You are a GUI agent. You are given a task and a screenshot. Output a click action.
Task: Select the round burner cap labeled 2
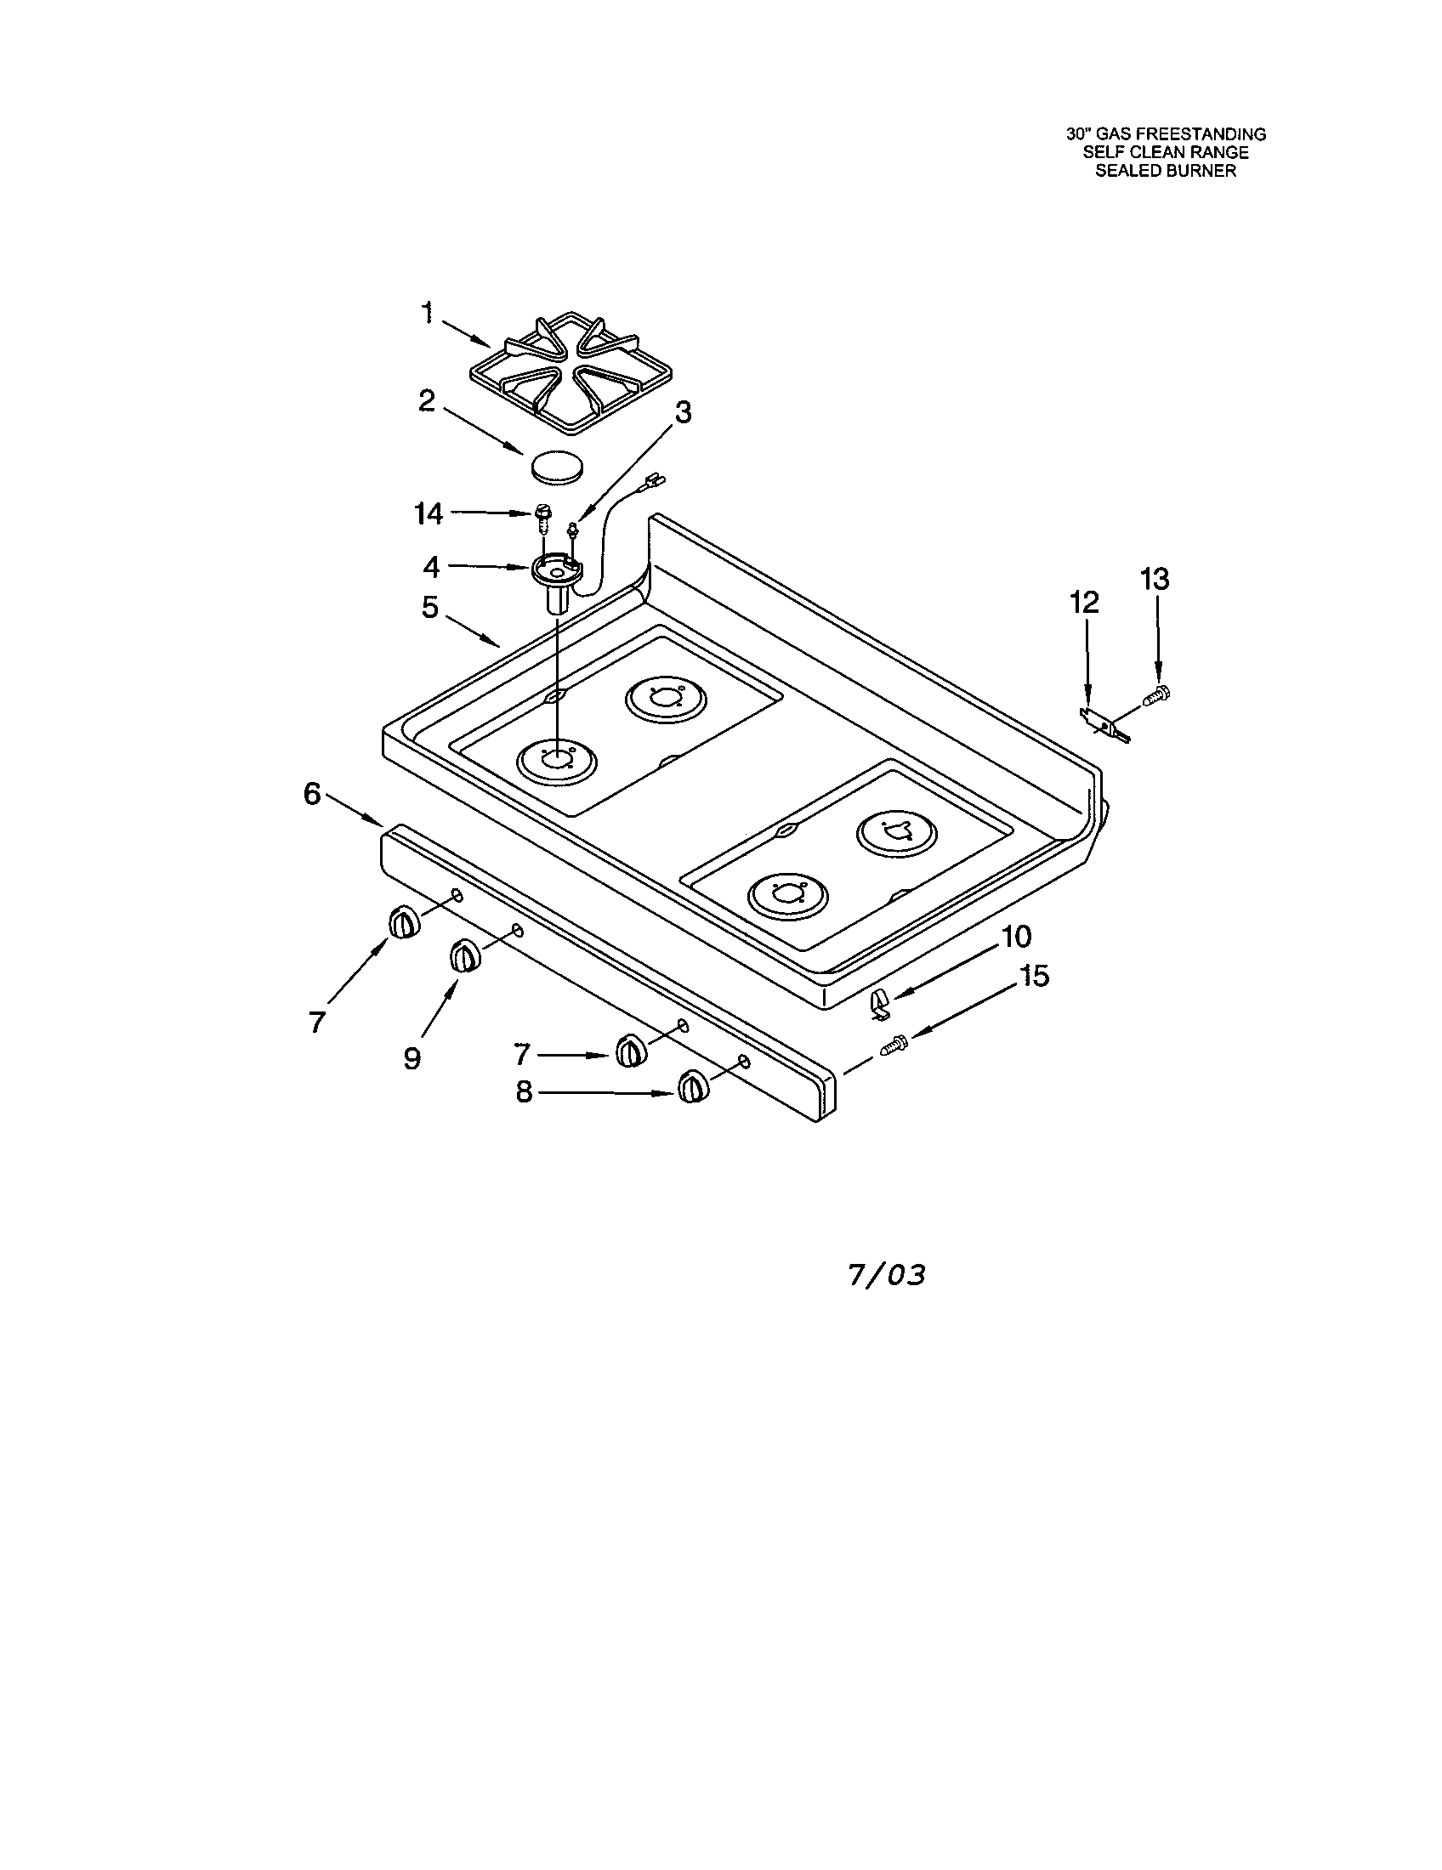coord(558,466)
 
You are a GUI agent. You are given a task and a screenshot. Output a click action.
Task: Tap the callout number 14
coord(429,513)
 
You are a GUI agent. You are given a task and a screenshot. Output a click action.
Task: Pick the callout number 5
coord(430,607)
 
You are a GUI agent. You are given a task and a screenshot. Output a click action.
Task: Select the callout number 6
coord(312,795)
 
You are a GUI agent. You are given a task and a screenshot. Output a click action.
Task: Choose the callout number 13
coord(1155,580)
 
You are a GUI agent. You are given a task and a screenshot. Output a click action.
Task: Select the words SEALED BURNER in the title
coord(1166,170)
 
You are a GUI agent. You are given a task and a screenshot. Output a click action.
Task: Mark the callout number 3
coord(683,413)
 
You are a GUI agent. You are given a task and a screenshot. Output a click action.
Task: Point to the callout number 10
coord(1015,937)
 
